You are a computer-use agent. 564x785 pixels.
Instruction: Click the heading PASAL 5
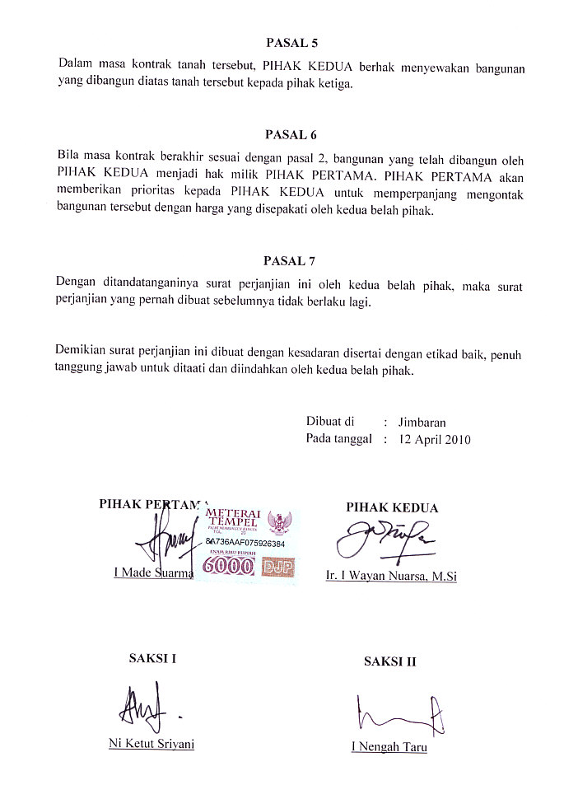point(291,40)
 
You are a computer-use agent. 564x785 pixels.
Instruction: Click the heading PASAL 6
point(291,134)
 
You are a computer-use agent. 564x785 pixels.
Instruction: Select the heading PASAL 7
point(289,261)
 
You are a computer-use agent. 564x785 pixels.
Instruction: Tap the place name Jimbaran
point(422,423)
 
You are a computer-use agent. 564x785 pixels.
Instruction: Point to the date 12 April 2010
point(434,440)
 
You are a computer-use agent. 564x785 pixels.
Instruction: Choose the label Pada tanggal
point(339,440)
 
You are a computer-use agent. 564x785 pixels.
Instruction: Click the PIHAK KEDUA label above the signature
point(392,508)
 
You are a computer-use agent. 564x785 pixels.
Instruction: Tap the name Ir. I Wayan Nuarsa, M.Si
point(391,577)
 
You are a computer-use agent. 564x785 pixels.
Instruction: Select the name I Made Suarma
point(152,572)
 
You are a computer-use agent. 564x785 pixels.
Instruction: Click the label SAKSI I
point(152,658)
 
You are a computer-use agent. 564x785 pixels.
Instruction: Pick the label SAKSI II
point(389,661)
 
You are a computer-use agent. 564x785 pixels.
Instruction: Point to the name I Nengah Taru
point(389,748)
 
